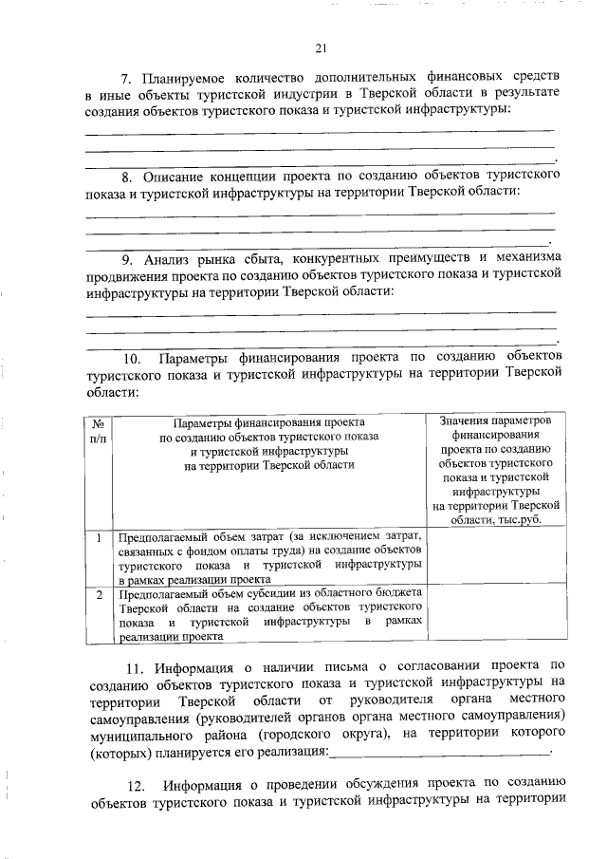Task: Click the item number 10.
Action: point(133,358)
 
